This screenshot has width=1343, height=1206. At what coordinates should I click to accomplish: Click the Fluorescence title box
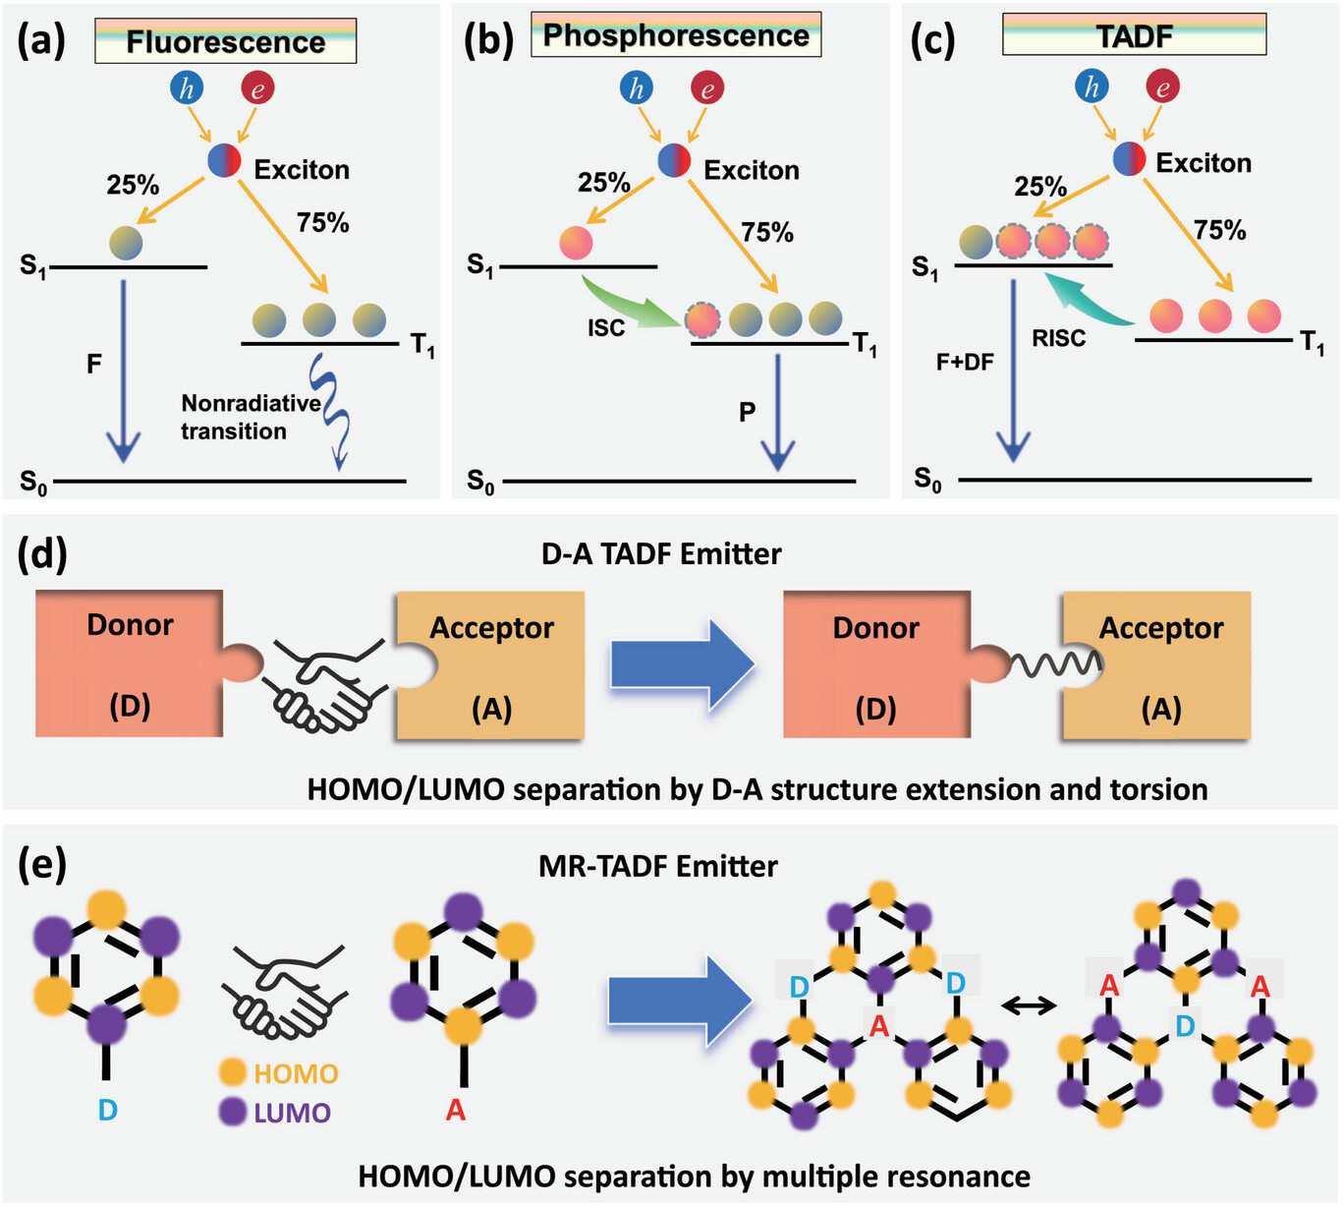(x=225, y=42)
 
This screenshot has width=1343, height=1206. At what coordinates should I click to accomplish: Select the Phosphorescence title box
(x=676, y=35)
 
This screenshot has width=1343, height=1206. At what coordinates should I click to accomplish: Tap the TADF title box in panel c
(x=1134, y=36)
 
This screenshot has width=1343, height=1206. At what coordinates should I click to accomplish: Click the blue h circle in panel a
(x=187, y=88)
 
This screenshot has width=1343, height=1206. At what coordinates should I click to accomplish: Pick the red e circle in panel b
(x=706, y=89)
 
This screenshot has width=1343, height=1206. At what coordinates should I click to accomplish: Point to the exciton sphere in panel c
(x=1130, y=158)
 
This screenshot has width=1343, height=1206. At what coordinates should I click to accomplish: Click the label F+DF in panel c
(x=965, y=363)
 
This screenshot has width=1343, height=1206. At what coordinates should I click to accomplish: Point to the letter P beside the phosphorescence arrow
(x=748, y=412)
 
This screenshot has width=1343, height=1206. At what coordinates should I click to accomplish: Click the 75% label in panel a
(x=323, y=223)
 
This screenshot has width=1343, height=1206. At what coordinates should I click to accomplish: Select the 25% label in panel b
(x=603, y=183)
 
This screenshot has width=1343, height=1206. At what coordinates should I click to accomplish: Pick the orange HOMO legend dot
(x=233, y=1073)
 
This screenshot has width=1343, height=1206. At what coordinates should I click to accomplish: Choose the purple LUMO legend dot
(x=233, y=1113)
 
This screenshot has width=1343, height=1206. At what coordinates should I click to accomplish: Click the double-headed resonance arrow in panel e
(x=1029, y=1005)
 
